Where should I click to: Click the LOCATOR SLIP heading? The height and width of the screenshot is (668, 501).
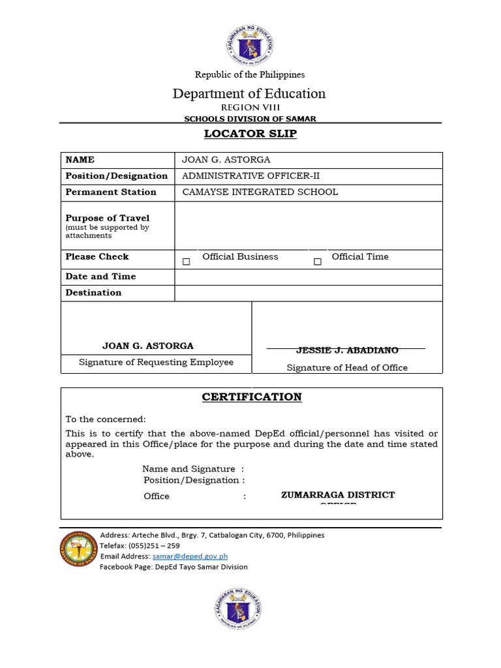coord(250,134)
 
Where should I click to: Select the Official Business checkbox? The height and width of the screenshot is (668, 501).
coord(187,262)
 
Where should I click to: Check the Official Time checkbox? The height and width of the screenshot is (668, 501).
coord(318,262)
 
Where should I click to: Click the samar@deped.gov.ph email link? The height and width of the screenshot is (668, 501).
coord(190,556)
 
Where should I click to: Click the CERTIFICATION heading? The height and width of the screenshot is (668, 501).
coord(251,397)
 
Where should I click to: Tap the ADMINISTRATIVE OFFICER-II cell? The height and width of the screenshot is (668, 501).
coord(250,176)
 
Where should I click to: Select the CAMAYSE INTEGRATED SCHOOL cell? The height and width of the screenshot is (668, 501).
coord(260,192)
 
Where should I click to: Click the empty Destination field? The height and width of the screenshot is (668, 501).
coord(308,293)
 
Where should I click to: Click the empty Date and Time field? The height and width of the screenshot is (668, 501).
coord(308,277)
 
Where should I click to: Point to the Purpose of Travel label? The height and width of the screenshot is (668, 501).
coord(108,218)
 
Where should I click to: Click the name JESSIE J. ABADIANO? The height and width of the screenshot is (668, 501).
coord(347,351)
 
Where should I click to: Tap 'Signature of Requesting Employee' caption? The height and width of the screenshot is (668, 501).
coord(156,363)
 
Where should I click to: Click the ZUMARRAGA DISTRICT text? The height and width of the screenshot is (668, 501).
coord(338,494)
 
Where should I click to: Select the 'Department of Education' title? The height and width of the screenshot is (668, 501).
coord(249,93)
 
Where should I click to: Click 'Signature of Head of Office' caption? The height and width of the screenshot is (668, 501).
coord(347,368)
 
